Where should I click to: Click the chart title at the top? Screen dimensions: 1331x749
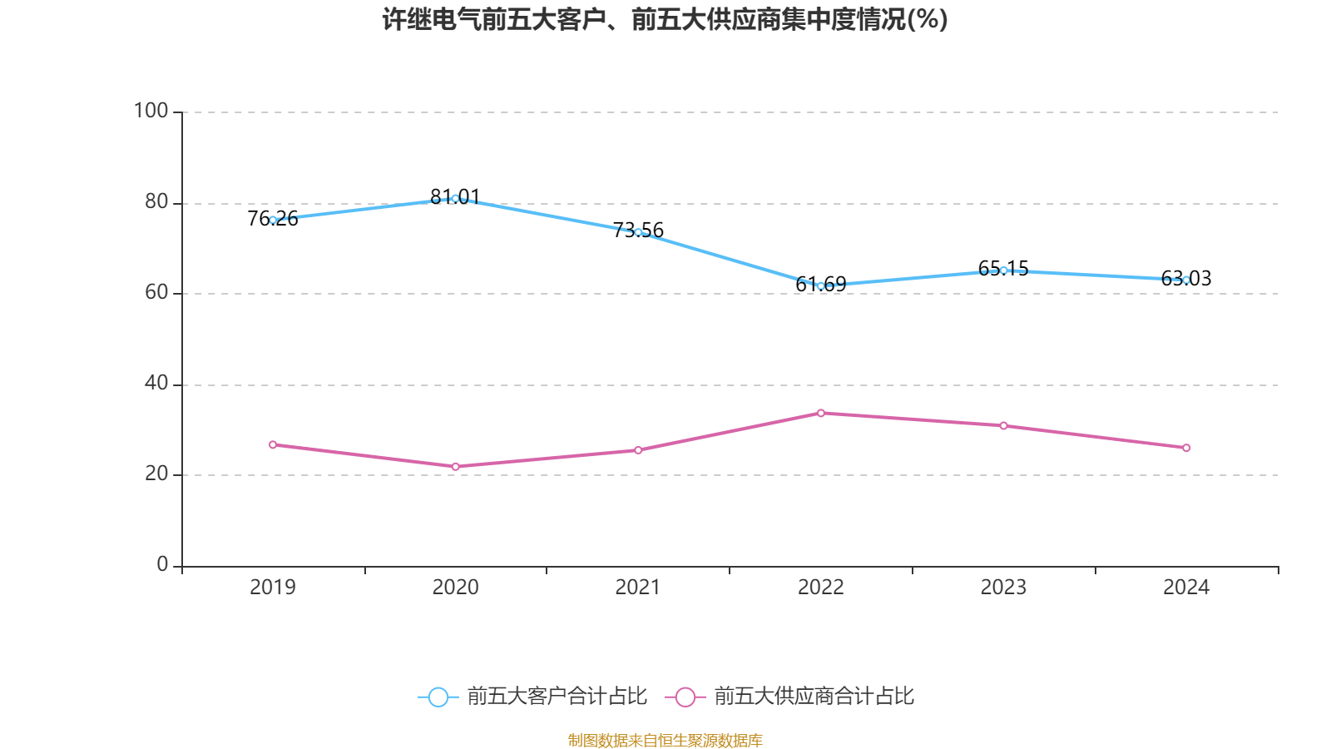665,20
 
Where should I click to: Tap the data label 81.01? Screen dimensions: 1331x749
455,196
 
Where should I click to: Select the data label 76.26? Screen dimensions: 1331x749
273,219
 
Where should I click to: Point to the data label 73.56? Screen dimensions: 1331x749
638,230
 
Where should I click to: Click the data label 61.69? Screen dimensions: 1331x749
820,284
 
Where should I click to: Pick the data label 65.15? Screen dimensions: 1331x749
1003,269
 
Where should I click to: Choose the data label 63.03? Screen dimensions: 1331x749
1186,278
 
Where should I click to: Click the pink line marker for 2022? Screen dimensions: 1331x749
820,413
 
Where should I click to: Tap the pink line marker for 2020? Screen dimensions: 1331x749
456,467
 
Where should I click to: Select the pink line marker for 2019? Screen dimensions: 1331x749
273,444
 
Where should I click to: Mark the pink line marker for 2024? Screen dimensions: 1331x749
1186,448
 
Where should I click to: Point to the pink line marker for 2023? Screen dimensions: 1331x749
1003,425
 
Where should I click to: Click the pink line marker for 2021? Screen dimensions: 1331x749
638,450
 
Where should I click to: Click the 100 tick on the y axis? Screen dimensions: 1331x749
151,112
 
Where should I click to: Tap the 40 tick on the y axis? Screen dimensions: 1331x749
156,384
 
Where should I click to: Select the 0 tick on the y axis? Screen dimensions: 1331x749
162,565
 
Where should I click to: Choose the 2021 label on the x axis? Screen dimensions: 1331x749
637,588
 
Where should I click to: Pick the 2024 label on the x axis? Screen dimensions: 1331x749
1186,588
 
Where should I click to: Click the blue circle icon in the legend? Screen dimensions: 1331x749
438,697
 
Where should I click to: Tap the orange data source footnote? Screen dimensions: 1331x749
665,740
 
